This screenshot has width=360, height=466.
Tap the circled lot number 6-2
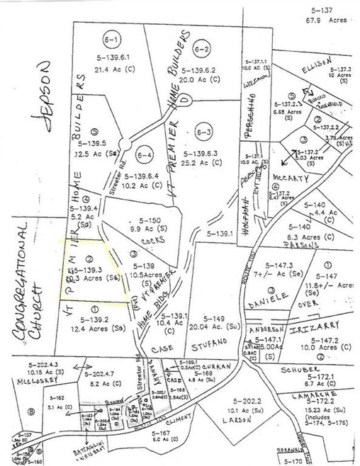pyautogui.click(x=202, y=48)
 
